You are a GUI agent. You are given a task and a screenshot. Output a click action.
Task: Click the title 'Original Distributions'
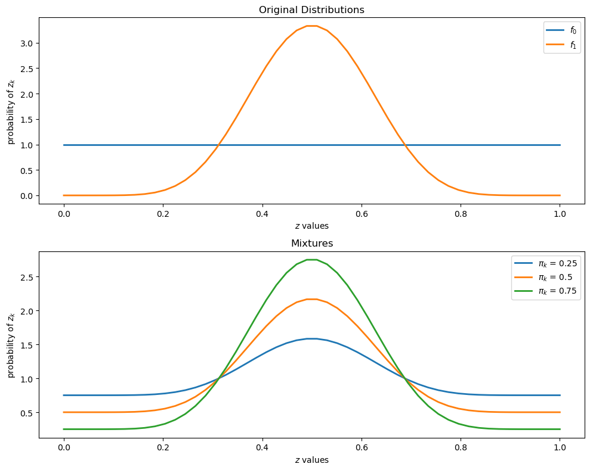point(311,10)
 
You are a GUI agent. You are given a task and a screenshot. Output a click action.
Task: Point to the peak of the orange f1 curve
point(311,26)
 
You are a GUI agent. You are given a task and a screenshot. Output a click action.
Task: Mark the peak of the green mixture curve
point(311,259)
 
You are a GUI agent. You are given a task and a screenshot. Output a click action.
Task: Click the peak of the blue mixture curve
point(311,338)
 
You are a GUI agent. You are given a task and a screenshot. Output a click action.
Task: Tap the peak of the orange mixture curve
point(311,299)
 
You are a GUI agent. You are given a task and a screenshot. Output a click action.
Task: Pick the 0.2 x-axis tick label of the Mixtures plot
point(163,447)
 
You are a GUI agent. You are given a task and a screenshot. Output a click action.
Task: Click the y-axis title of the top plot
point(11,111)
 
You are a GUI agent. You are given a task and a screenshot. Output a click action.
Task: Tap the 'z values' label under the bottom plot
point(311,460)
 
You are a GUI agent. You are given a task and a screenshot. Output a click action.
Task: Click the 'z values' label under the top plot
point(311,226)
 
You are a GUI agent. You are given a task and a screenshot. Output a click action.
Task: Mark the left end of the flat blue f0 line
point(64,145)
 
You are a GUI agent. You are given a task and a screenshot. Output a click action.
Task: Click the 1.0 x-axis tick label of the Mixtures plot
point(559,447)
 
